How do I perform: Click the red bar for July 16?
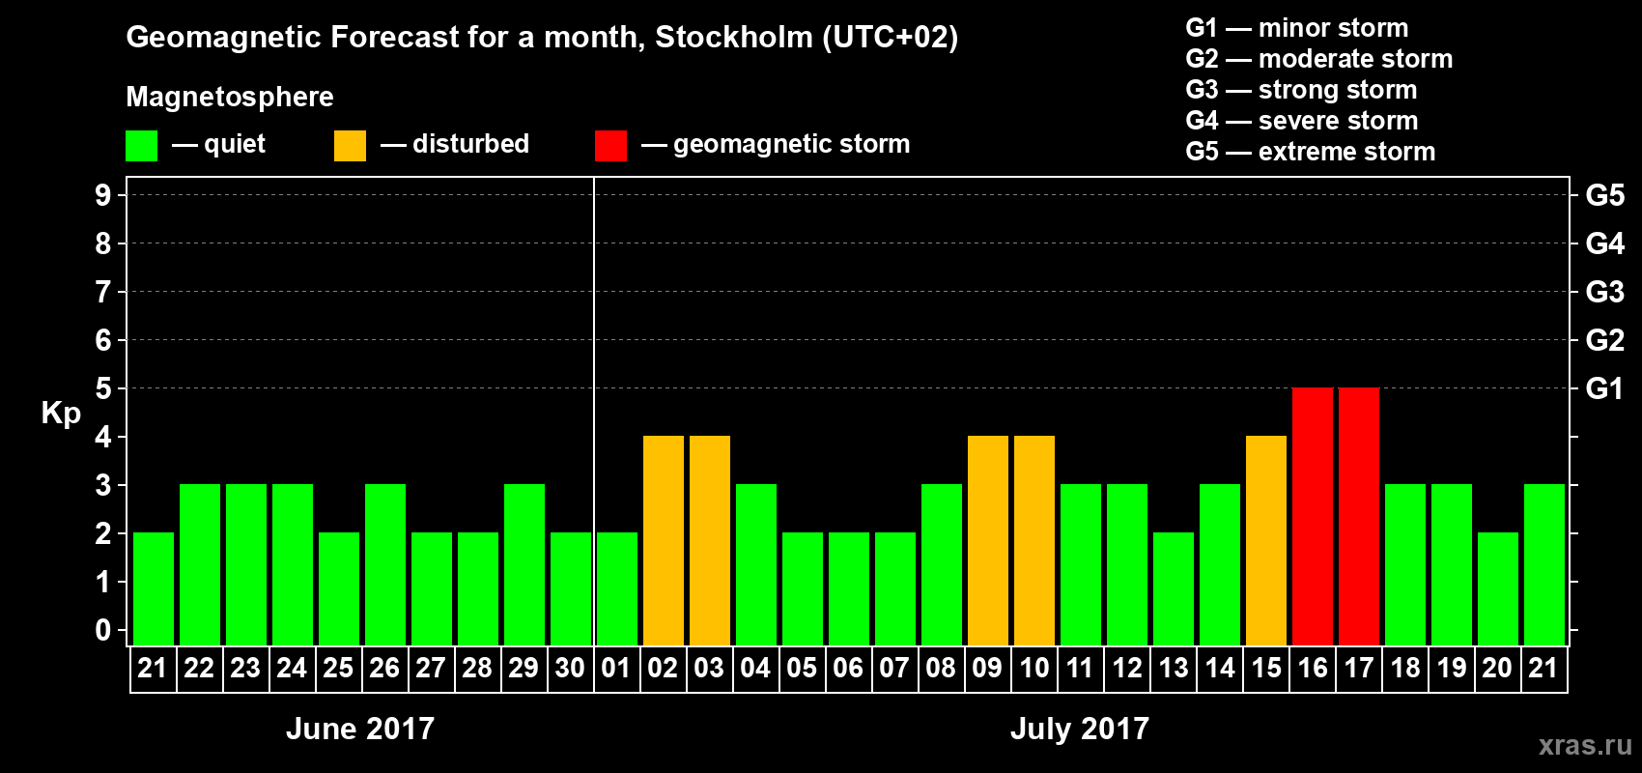pyautogui.click(x=1312, y=516)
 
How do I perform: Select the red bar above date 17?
pyautogui.click(x=1358, y=516)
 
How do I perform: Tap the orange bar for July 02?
pyautogui.click(x=663, y=540)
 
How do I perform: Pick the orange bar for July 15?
pyautogui.click(x=1265, y=540)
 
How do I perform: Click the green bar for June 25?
pyautogui.click(x=338, y=588)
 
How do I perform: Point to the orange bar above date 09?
pyautogui.click(x=987, y=540)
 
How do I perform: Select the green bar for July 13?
pyautogui.click(x=1173, y=588)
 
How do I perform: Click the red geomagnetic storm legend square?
pyautogui.click(x=610, y=146)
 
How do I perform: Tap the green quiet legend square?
pyautogui.click(x=141, y=146)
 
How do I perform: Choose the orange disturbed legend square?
pyautogui.click(x=350, y=146)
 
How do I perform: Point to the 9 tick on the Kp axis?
pyautogui.click(x=103, y=195)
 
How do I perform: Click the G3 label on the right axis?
pyautogui.click(x=1604, y=292)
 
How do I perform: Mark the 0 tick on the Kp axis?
pyautogui.click(x=103, y=630)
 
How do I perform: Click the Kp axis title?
pyautogui.click(x=61, y=413)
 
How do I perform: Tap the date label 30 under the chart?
pyautogui.click(x=570, y=668)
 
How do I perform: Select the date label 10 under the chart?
pyautogui.click(x=1033, y=668)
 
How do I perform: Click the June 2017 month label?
pyautogui.click(x=360, y=729)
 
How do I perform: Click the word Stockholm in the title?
pyautogui.click(x=734, y=38)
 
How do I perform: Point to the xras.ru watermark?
pyautogui.click(x=1584, y=745)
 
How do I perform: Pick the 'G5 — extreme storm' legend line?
pyautogui.click(x=1310, y=152)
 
